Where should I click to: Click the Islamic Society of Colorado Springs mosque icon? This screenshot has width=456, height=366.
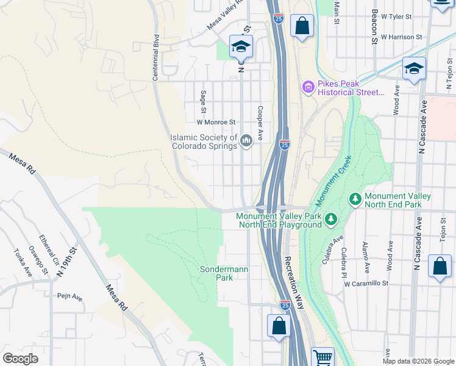(246, 142)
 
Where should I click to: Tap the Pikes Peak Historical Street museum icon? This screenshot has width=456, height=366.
(308, 88)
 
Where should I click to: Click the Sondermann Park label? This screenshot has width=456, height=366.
(216, 273)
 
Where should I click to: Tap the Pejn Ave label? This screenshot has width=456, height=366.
(69, 296)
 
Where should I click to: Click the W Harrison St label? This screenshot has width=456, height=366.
(401, 37)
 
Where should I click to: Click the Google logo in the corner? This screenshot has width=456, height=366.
(20, 359)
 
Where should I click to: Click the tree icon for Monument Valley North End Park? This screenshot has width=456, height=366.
(355, 199)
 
